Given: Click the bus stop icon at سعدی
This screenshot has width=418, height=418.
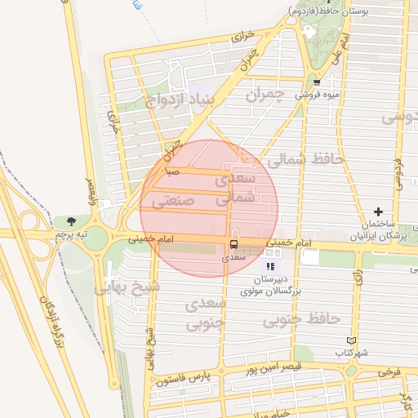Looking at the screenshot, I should click(x=234, y=244).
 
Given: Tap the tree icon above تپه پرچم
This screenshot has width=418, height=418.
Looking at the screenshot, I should click(x=72, y=221).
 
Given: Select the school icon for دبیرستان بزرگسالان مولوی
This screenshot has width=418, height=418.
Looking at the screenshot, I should click(x=269, y=266).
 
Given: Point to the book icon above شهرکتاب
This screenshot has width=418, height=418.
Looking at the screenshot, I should click(x=352, y=340).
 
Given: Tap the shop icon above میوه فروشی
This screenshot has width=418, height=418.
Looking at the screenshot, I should click(x=317, y=82).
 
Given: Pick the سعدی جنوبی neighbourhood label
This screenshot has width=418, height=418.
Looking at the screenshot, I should click(x=204, y=314).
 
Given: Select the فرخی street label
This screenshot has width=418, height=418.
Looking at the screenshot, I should click(x=389, y=371).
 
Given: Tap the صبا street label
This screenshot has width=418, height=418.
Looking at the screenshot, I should click(x=172, y=172).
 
